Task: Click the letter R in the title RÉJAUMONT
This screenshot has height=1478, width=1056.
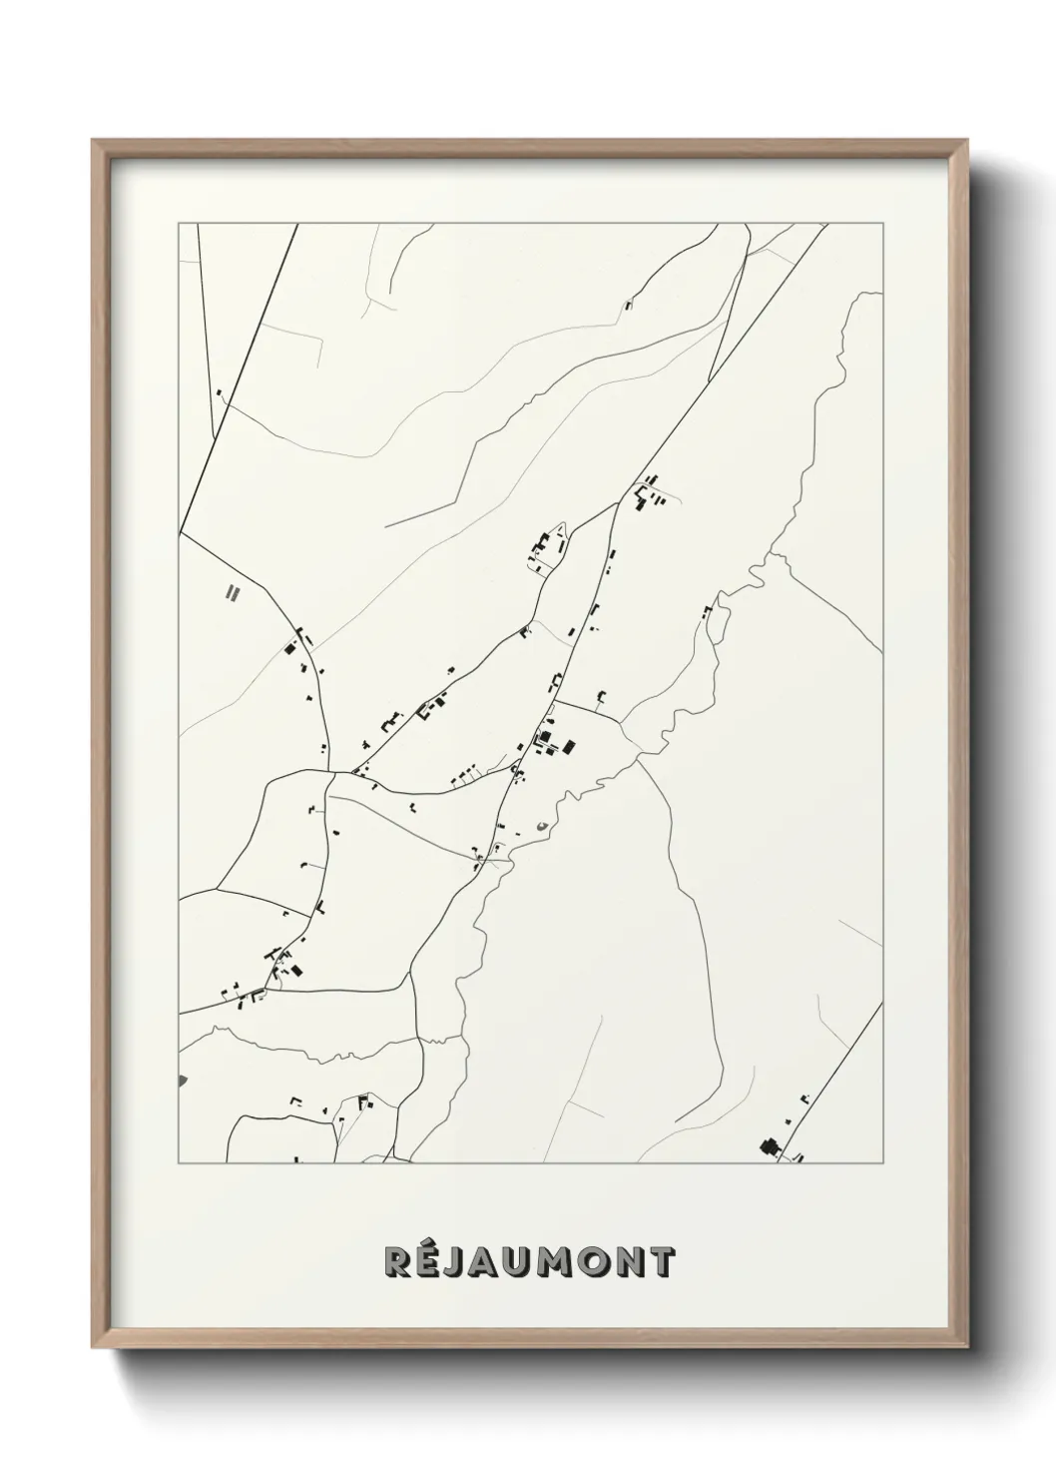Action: pos(397,1262)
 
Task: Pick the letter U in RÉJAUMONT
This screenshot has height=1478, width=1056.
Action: pos(523,1262)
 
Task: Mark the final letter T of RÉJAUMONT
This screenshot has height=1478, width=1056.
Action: pos(666,1262)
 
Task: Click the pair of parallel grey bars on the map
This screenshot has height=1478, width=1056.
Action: pos(234,592)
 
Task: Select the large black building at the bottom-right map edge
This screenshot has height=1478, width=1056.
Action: pos(770,1146)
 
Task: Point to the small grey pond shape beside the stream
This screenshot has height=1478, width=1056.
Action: pos(542,825)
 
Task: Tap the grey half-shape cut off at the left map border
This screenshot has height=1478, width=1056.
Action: pos(182,1080)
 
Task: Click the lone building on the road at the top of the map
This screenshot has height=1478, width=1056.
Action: pos(628,305)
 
